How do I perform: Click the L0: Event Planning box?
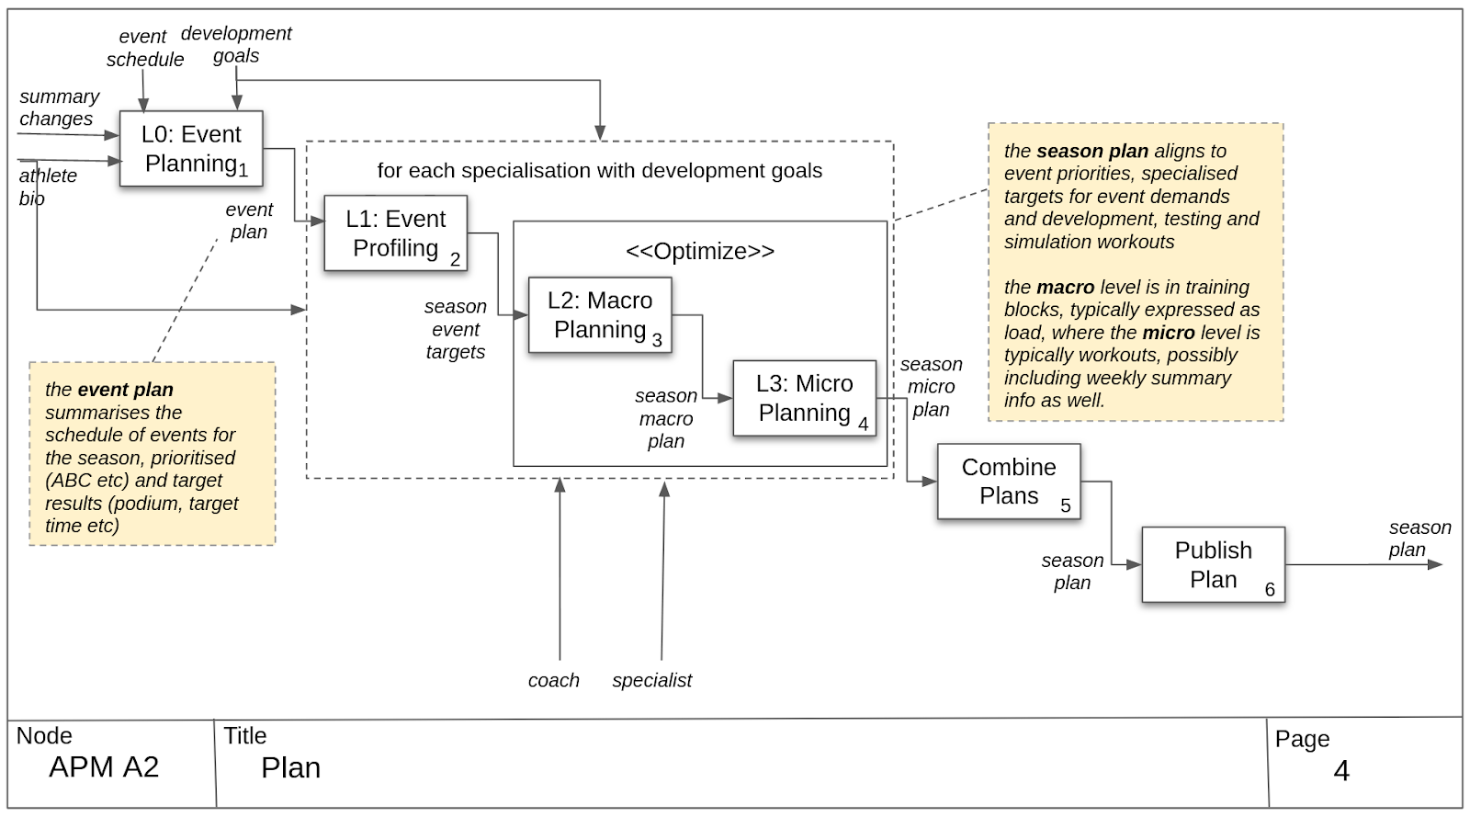191,149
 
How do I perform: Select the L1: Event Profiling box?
395,233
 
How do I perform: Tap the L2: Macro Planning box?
600,315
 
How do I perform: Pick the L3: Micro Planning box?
804,398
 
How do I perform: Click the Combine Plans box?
1008,482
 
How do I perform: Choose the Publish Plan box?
1213,564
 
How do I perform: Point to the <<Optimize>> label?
700,251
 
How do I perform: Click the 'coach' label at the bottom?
553,681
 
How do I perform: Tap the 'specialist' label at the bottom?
651,681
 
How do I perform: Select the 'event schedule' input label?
144,48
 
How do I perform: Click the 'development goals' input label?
236,44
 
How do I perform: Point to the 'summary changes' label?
58,108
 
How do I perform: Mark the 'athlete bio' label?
47,187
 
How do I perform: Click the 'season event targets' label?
455,329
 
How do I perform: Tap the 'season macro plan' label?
665,418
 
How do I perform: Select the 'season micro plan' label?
931,387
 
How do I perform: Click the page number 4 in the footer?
1340,770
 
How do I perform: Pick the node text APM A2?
104,767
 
